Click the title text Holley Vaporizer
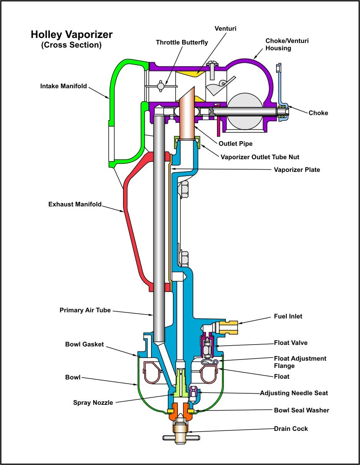[x=72, y=35]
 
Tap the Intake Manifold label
[x=64, y=86]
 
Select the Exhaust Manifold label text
[x=75, y=204]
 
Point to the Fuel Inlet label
[x=288, y=317]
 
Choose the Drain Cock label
[x=291, y=429]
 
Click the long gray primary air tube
[x=159, y=230]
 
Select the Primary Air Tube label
[x=85, y=310]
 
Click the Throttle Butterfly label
[x=182, y=42]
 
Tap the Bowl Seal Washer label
[x=301, y=411]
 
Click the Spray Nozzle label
[x=93, y=403]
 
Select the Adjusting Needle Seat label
[x=294, y=393]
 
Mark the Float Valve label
[x=291, y=343]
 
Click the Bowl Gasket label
[x=84, y=345]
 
